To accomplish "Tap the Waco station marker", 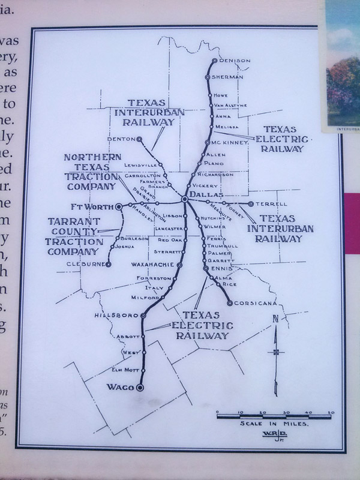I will point(140,388).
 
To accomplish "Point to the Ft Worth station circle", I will point(119,206).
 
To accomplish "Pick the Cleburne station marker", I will point(109,264).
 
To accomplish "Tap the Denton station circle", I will point(139,139).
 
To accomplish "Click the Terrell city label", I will point(268,204).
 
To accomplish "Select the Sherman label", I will point(227,77).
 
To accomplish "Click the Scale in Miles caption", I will point(274,423).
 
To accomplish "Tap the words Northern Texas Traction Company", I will point(91,172).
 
